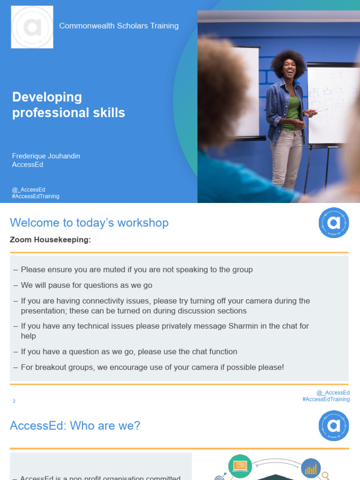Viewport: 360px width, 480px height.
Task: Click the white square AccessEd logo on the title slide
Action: (x=32, y=27)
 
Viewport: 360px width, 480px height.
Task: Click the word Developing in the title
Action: (x=47, y=97)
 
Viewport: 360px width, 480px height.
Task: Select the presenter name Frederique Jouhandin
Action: (x=46, y=156)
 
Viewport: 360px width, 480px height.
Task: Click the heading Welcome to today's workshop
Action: (x=89, y=223)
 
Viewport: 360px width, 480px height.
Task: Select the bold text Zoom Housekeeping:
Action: (x=50, y=240)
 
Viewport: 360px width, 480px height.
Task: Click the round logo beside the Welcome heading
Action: (x=334, y=223)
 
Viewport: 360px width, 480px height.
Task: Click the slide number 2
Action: (x=14, y=401)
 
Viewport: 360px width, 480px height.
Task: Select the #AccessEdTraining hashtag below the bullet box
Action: (x=326, y=399)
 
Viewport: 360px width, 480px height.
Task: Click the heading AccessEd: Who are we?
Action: (x=75, y=426)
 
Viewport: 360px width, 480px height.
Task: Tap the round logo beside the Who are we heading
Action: (x=334, y=426)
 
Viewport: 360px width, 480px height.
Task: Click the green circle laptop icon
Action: (x=240, y=466)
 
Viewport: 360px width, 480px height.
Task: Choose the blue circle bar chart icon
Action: (x=311, y=468)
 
